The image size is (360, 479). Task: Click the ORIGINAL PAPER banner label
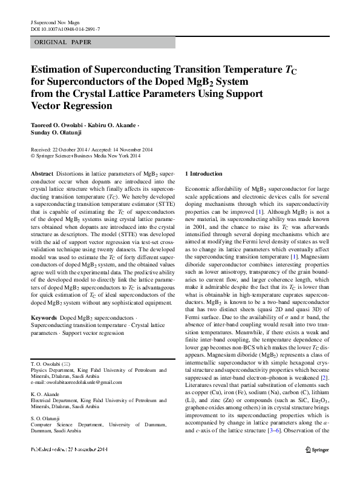[64, 42]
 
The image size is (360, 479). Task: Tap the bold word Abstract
[41, 174]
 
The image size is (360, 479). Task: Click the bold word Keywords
[44, 317]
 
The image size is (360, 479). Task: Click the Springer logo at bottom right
[317, 466]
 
